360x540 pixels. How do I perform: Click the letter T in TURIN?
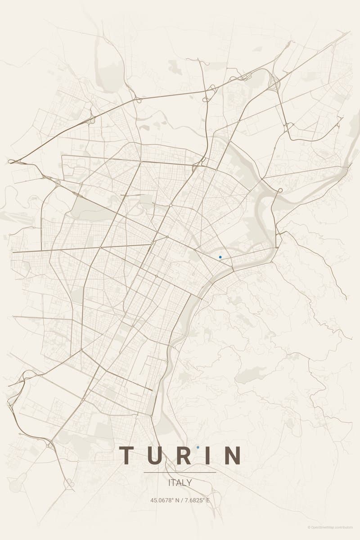click(127, 455)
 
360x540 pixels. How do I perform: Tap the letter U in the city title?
click(155, 455)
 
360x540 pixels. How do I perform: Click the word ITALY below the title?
click(180, 483)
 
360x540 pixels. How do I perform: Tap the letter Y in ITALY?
click(189, 483)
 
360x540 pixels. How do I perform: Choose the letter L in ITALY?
click(184, 483)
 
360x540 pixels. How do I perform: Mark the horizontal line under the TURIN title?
click(180, 472)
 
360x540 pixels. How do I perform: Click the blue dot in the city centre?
click(220, 257)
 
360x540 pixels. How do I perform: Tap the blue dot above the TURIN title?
click(198, 447)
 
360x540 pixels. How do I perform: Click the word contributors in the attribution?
click(344, 527)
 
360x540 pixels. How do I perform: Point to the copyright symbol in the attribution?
click(309, 527)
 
